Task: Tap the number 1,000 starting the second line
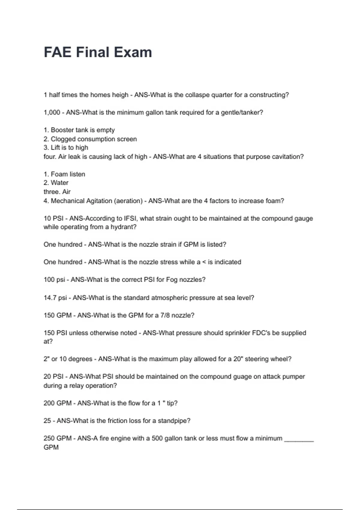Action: pyautogui.click(x=52, y=112)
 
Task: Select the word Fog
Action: pyautogui.click(x=172, y=280)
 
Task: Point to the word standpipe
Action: pyautogui.click(x=174, y=421)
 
